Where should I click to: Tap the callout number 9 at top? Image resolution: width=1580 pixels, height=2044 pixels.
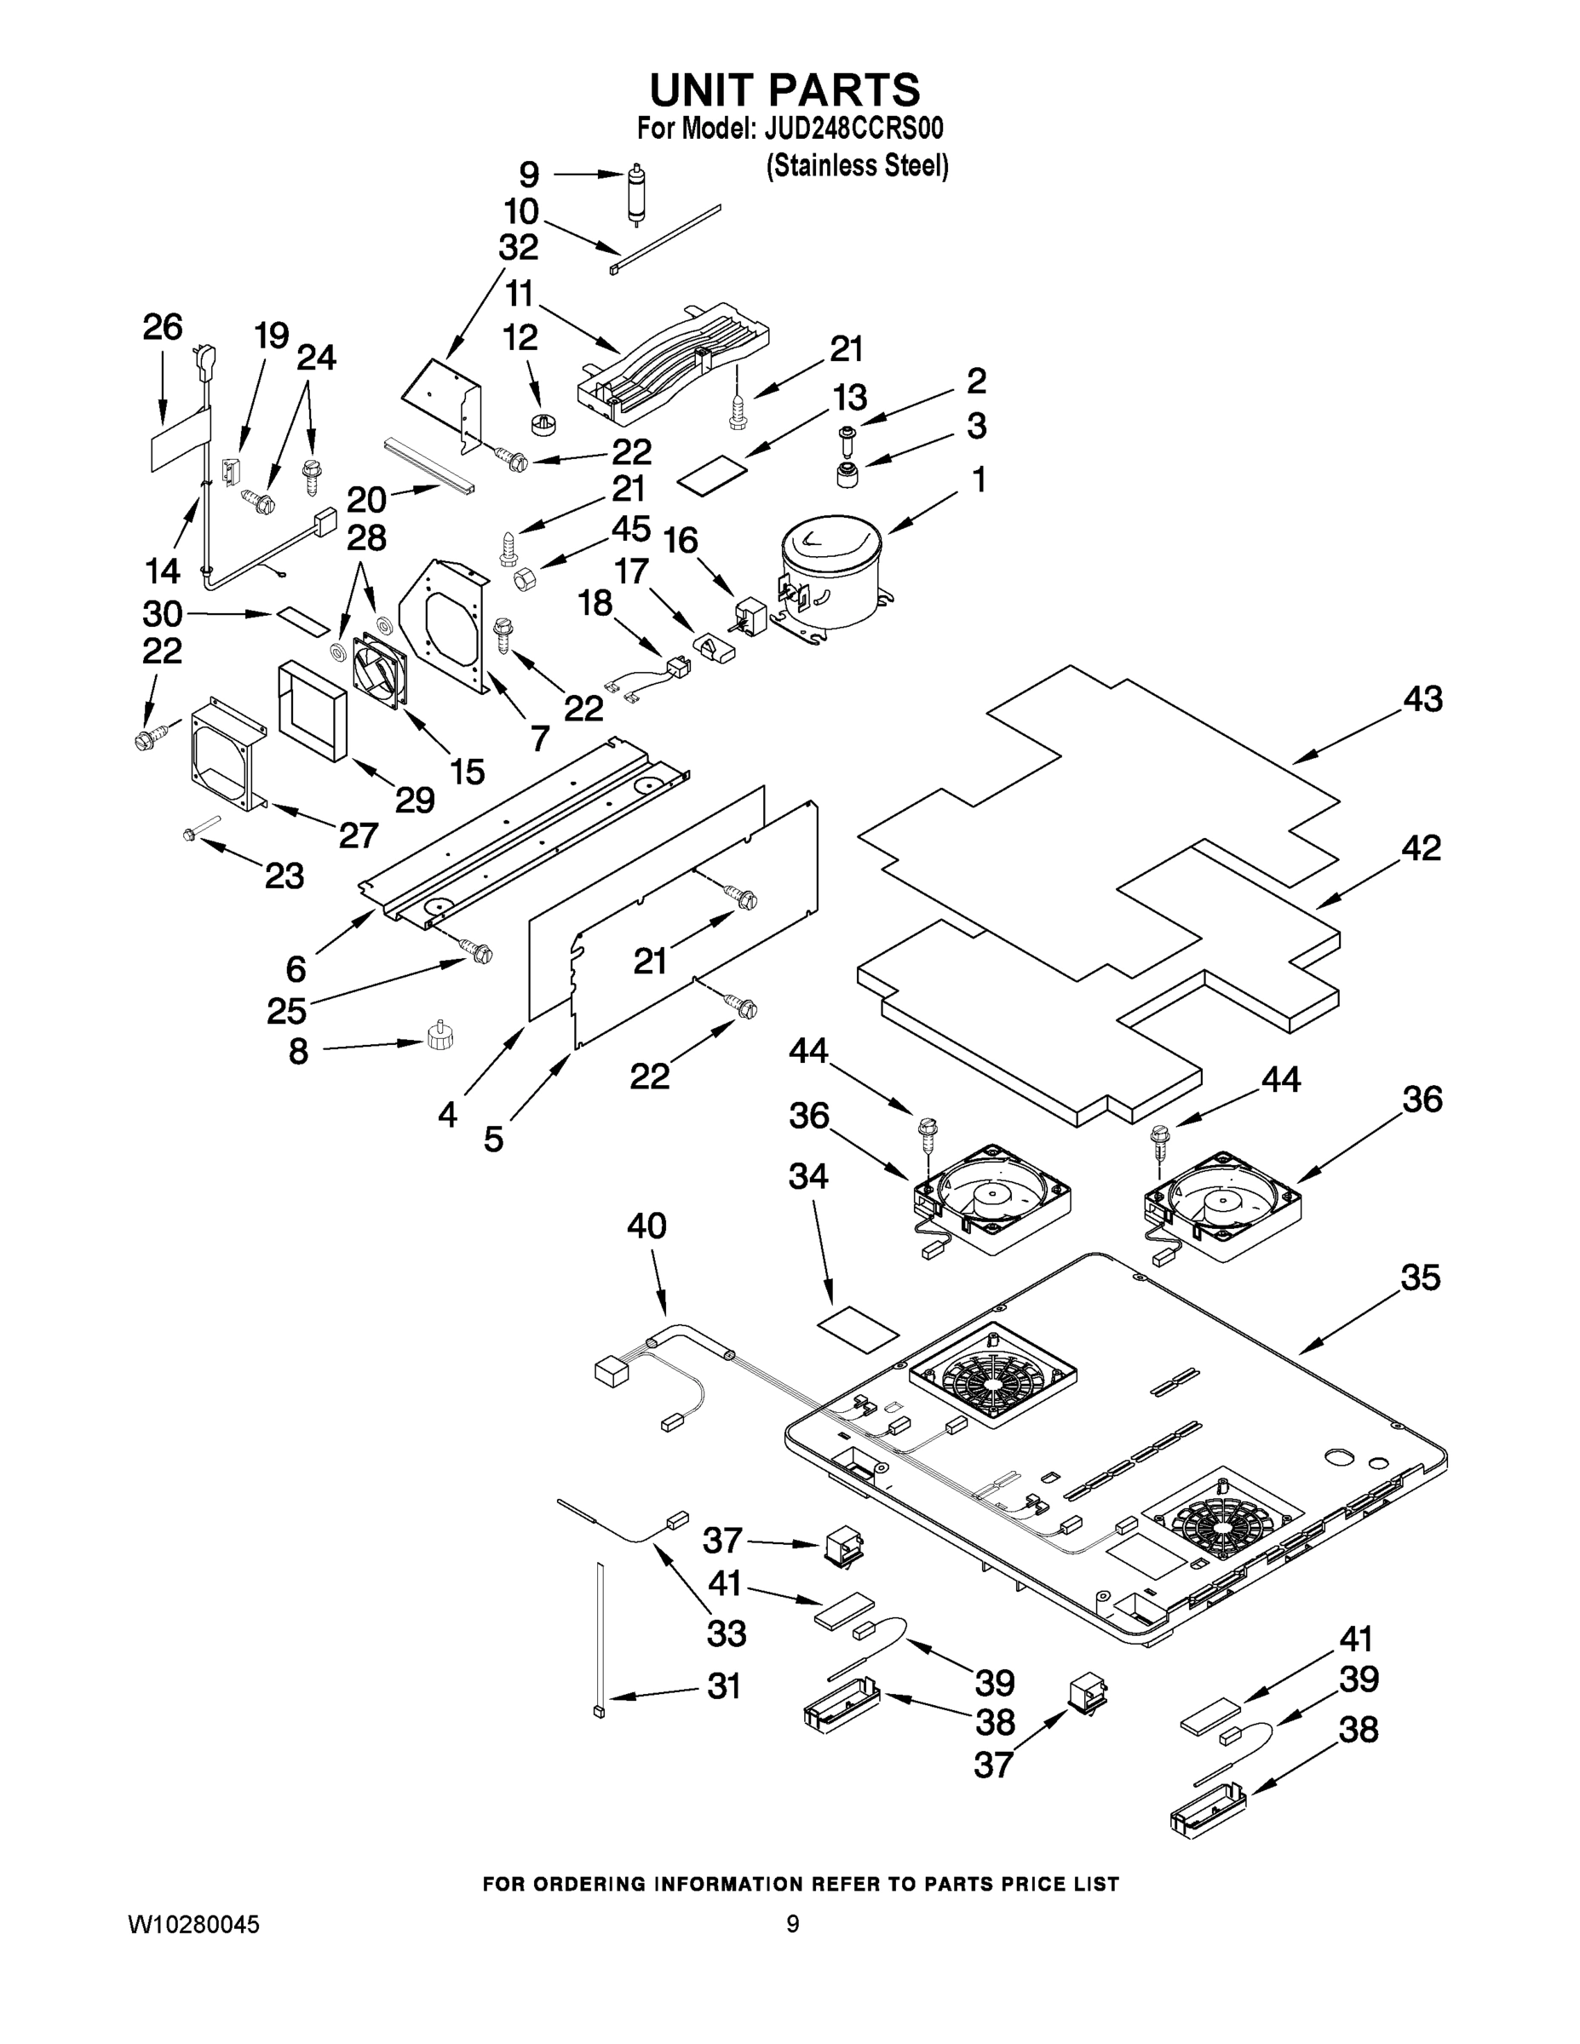click(x=529, y=174)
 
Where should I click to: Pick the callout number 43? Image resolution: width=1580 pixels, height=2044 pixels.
click(x=1422, y=699)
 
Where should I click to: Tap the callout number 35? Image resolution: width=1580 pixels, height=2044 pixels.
click(x=1420, y=1277)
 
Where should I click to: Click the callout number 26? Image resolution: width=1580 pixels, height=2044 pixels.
click(x=162, y=328)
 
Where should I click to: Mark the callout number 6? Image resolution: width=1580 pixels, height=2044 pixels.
click(x=296, y=968)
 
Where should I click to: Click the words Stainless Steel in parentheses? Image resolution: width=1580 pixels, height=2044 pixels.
click(x=858, y=166)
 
